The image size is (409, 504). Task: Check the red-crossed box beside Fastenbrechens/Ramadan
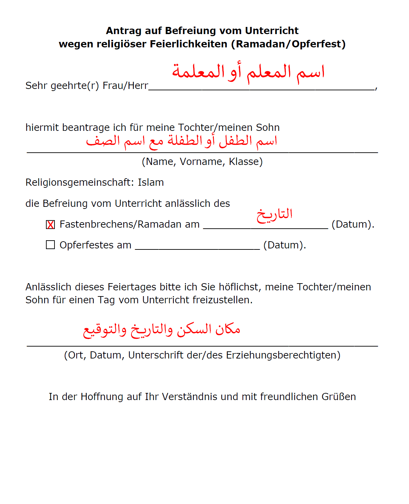click(x=50, y=225)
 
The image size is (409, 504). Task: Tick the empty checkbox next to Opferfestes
click(x=50, y=245)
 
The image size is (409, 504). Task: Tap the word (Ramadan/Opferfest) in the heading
click(x=288, y=44)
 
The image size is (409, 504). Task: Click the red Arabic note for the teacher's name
click(x=248, y=72)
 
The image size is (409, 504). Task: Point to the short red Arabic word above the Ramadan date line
click(x=274, y=215)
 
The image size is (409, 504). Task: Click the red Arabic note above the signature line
click(x=162, y=330)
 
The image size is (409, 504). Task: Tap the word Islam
click(x=151, y=183)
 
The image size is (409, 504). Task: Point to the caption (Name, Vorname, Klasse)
click(x=202, y=162)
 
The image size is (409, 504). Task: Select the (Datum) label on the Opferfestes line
click(x=285, y=245)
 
